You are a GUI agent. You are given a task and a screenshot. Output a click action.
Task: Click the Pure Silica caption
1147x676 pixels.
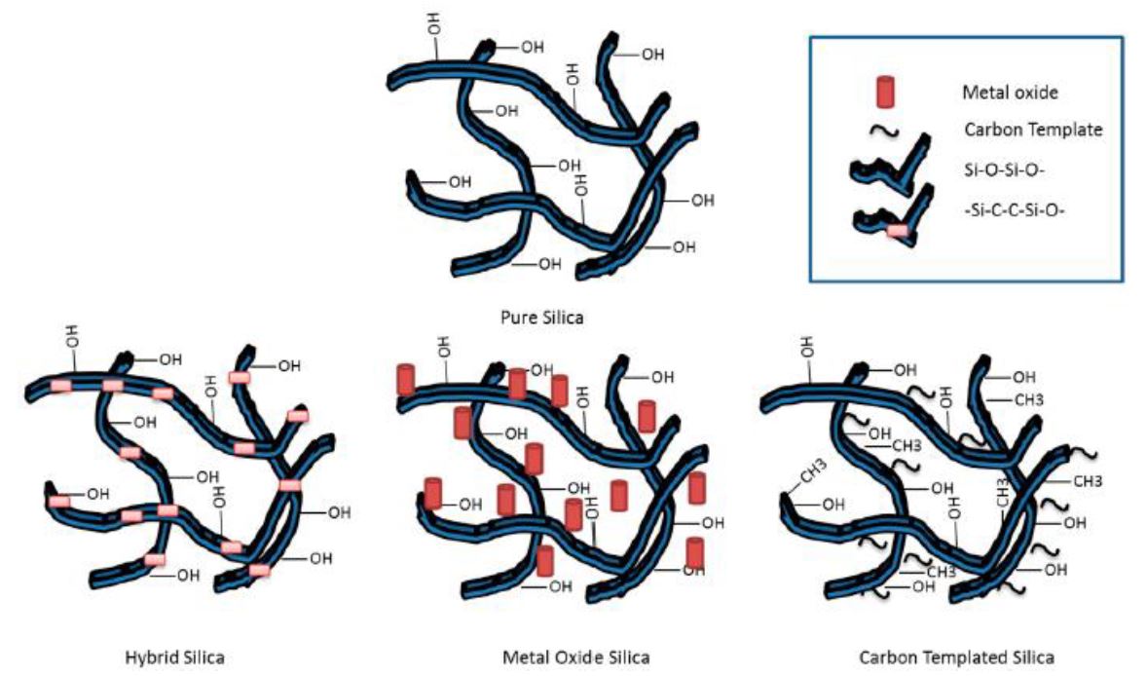541,318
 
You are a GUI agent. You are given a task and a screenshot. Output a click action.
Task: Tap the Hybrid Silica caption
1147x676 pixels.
175,657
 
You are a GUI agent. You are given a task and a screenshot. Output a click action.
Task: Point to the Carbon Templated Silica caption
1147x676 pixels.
956,657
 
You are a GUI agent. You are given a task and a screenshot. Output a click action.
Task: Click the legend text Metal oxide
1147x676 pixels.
1004,93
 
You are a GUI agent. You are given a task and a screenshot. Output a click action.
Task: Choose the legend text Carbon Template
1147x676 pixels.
1033,130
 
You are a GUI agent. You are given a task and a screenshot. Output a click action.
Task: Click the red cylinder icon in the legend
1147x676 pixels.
885,93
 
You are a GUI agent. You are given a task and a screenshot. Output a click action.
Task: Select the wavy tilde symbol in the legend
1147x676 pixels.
883,129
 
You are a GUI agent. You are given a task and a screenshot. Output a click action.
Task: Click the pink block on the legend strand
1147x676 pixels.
898,231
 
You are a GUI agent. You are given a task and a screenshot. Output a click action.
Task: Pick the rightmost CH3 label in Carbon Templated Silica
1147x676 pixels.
1090,481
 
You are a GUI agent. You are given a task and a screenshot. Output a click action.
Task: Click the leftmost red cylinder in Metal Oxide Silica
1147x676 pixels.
405,379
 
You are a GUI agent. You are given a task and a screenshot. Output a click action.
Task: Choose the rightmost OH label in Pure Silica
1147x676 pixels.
702,201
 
